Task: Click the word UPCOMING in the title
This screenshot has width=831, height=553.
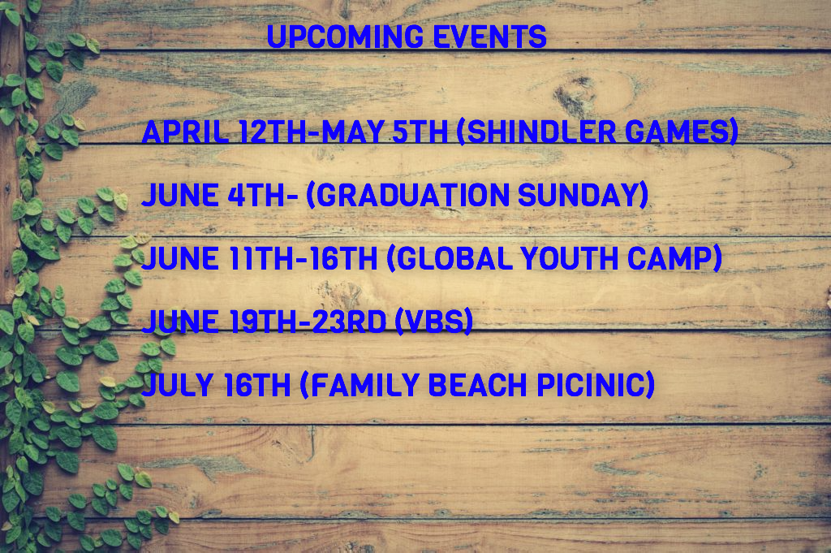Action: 345,37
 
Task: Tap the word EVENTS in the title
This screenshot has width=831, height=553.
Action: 489,37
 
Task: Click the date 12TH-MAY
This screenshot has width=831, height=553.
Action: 311,132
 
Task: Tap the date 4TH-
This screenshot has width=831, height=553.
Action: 263,195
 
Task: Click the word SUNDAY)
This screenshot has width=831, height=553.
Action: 583,195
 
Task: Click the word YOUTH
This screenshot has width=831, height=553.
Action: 570,258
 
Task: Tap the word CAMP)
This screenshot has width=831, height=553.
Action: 674,258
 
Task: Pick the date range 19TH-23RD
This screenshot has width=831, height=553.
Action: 308,322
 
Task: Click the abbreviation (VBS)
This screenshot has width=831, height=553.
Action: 434,322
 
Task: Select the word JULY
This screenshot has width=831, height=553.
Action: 178,384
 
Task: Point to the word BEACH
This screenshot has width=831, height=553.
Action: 477,384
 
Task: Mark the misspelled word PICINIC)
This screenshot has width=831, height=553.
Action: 596,384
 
